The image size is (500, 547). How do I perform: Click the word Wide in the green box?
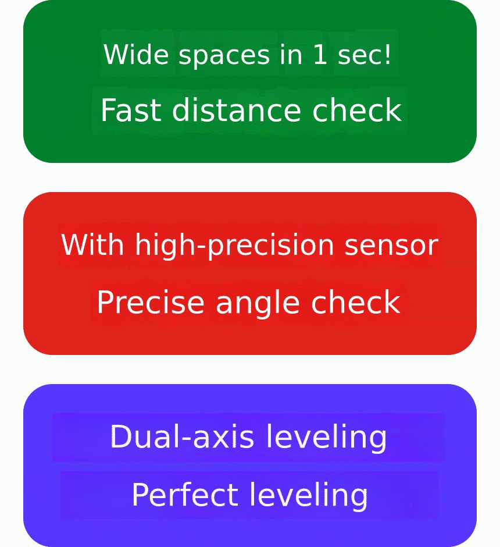pyautogui.click(x=136, y=54)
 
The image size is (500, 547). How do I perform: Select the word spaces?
pyautogui.click(x=224, y=56)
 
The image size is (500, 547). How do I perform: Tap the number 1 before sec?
pyautogui.click(x=320, y=54)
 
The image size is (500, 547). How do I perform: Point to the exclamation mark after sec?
pyautogui.click(x=387, y=54)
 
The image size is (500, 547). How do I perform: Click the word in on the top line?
pyautogui.click(x=291, y=54)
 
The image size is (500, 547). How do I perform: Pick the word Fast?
pyautogui.click(x=131, y=110)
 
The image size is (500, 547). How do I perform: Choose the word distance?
pyautogui.click(x=236, y=110)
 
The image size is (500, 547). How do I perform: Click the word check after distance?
pyautogui.click(x=357, y=110)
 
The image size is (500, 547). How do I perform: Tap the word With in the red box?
pyautogui.click(x=92, y=244)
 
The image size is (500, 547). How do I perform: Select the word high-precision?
pyautogui.click(x=234, y=246)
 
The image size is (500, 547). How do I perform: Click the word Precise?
pyautogui.click(x=151, y=302)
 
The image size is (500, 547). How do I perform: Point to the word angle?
pyautogui.click(x=258, y=304)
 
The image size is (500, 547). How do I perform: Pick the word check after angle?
pyautogui.click(x=355, y=302)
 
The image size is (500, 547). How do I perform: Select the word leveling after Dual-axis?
pyautogui.click(x=327, y=438)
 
